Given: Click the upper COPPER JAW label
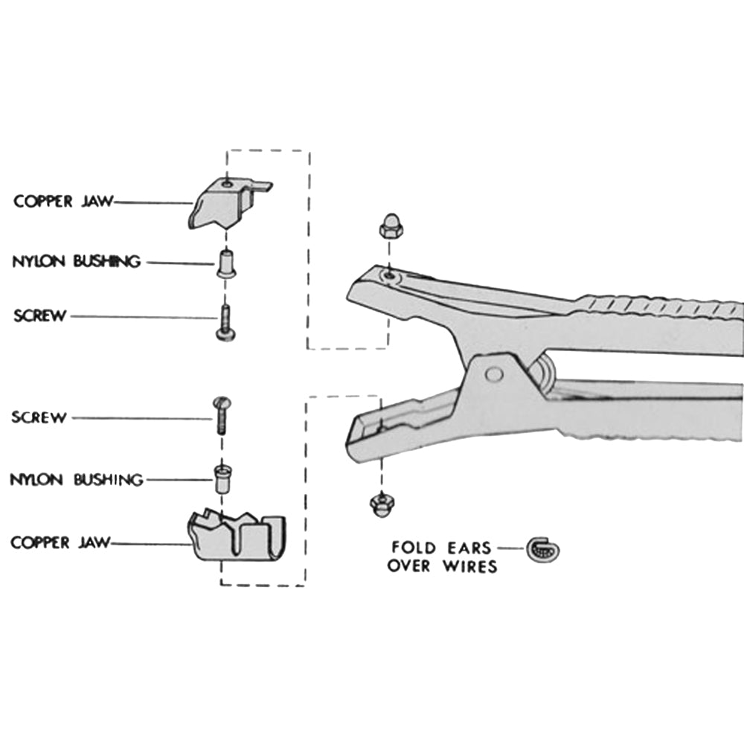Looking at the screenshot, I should pos(63,201).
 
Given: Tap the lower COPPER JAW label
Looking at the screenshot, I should pos(60,542).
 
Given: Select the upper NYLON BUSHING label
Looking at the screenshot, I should pos(76,261).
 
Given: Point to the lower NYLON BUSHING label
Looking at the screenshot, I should pos(76,479).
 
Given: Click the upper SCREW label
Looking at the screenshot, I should pos(39,315).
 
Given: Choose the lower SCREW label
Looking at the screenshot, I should pos(39,417).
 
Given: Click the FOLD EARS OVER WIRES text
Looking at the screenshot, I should pos(442,557).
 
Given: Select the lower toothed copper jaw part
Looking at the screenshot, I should pos(237,536).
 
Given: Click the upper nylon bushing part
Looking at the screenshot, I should pos(226,264).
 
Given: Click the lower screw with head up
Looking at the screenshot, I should pos(222,415).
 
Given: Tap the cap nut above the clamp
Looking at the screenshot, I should pos(388,225).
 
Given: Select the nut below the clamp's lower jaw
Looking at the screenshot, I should pos(382,504).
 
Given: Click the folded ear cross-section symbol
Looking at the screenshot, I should pos(543,549).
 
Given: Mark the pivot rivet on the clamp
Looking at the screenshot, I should pos(493,374).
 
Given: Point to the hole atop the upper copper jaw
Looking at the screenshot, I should pos(226,181).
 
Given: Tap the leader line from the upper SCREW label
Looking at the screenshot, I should pos(141,317).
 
